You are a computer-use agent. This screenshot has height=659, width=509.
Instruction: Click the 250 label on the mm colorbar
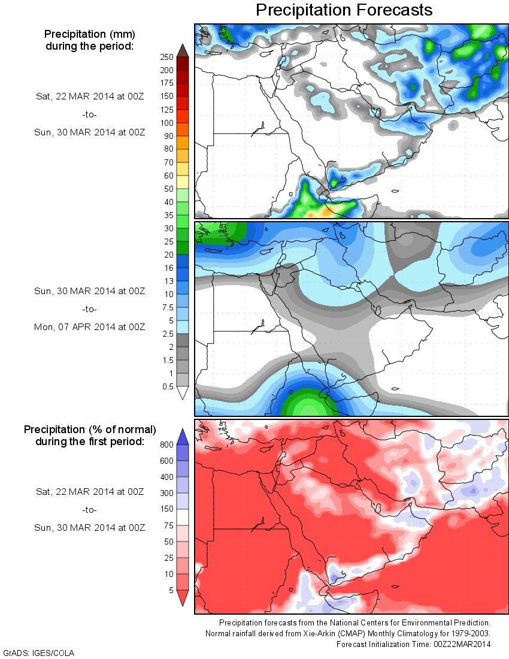166,57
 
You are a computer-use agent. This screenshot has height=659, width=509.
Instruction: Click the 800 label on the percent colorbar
166,445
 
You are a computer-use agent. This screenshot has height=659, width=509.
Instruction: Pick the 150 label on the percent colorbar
166,509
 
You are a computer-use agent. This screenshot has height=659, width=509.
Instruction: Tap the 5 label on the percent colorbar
170,590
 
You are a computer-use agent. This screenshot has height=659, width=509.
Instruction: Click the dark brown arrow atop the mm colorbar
183,50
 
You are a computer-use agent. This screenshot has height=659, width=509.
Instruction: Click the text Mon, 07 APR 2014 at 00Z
89,327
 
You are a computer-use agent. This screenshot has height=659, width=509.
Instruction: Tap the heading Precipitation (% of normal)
90,430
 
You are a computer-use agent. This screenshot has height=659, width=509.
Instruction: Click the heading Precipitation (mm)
89,34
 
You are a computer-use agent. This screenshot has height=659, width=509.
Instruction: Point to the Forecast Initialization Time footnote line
413,644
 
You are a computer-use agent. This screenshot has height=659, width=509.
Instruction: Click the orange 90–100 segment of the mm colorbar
183,129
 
